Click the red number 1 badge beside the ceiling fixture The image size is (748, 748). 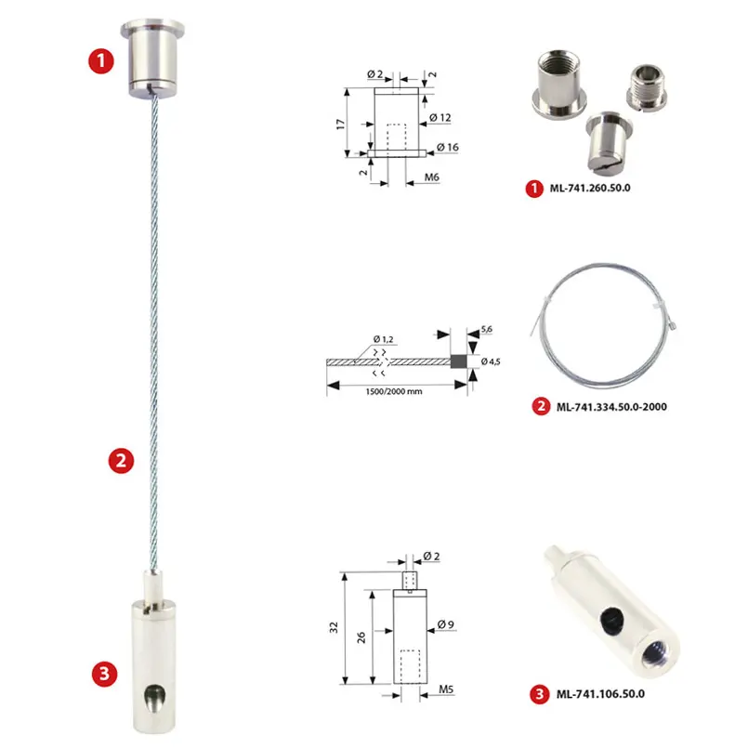[101, 61]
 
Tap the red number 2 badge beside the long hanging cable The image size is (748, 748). [121, 460]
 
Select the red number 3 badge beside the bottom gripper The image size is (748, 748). [104, 674]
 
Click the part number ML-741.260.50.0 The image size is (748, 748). [590, 188]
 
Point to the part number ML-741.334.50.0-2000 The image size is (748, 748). [611, 407]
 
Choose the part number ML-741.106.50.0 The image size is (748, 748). [600, 693]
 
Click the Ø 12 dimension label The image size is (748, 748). [440, 117]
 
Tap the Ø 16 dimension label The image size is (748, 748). [448, 148]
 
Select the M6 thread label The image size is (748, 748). [432, 177]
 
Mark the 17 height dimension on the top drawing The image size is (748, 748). [340, 125]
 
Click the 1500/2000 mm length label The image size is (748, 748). [394, 391]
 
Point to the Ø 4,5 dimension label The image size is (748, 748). [491, 361]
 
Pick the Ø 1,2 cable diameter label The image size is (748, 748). [384, 339]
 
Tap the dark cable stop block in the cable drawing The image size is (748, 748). [458, 361]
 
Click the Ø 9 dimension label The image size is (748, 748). [446, 624]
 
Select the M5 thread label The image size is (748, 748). [446, 689]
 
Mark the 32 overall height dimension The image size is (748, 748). [334, 627]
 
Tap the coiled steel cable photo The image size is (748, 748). [604, 325]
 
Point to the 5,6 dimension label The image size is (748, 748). [487, 329]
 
